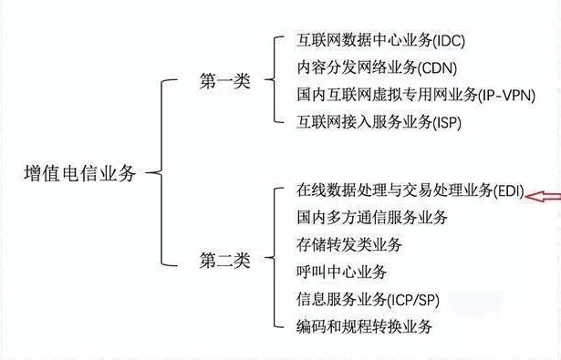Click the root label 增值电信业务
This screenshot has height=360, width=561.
coord(79,174)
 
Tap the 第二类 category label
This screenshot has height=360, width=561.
coord(224,260)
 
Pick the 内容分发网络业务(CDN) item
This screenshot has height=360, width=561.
coord(364,67)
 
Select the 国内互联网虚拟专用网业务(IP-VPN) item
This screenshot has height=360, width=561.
coord(415,94)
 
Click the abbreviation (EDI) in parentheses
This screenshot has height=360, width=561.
coord(509,191)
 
